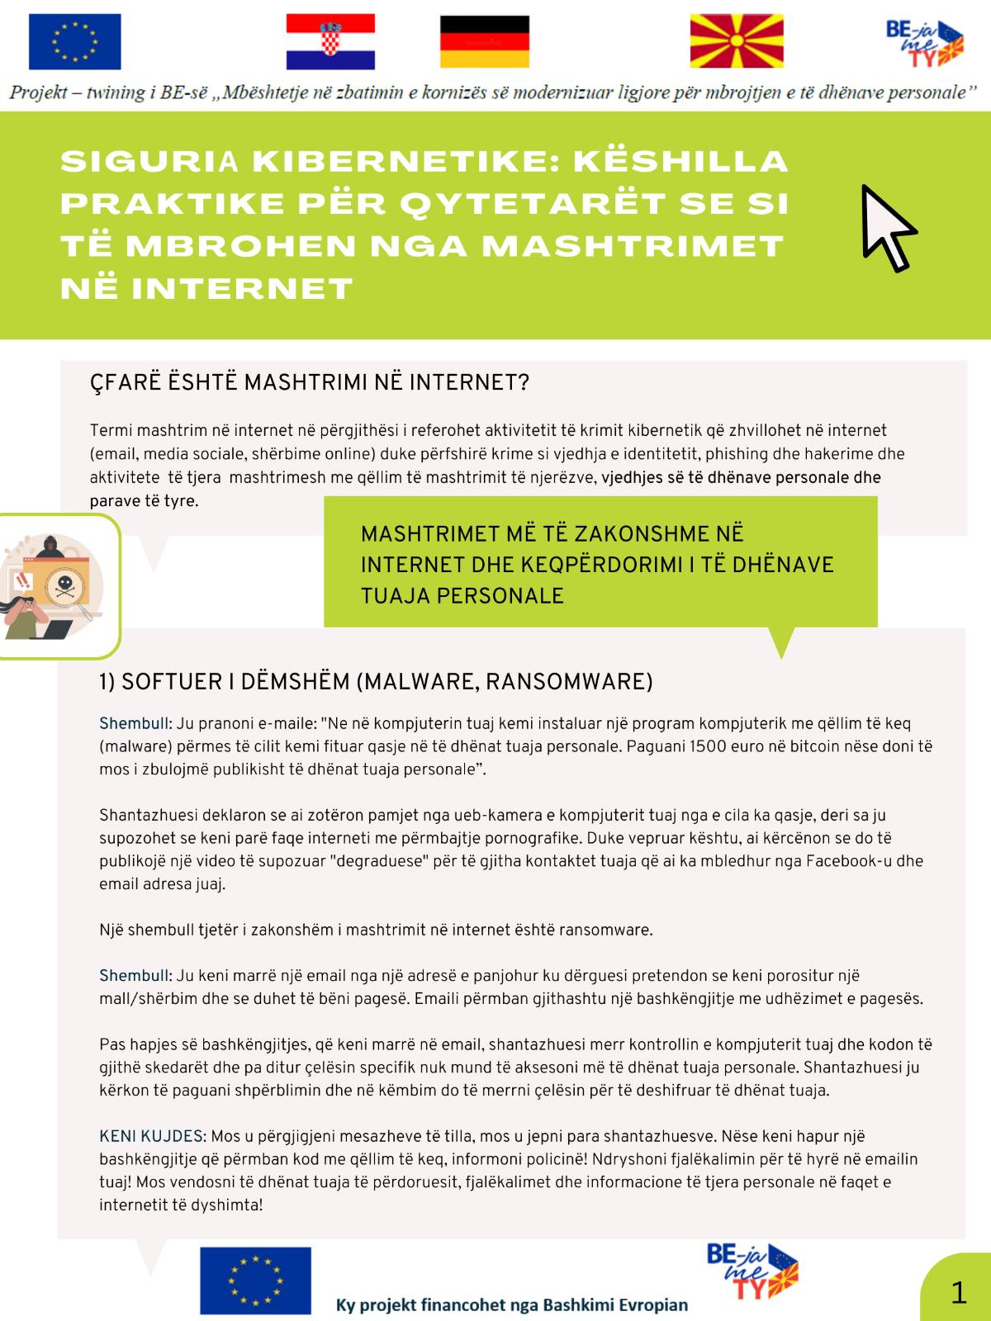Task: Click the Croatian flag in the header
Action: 330,41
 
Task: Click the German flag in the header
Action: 484,41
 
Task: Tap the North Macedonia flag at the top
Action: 737,41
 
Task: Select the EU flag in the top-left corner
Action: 74,41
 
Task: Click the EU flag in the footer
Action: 255,1280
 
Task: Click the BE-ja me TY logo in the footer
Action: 752,1271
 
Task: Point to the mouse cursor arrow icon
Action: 886,228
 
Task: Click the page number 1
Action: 958,1292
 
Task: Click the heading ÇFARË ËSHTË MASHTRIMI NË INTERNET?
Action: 309,383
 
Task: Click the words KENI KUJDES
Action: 150,1136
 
